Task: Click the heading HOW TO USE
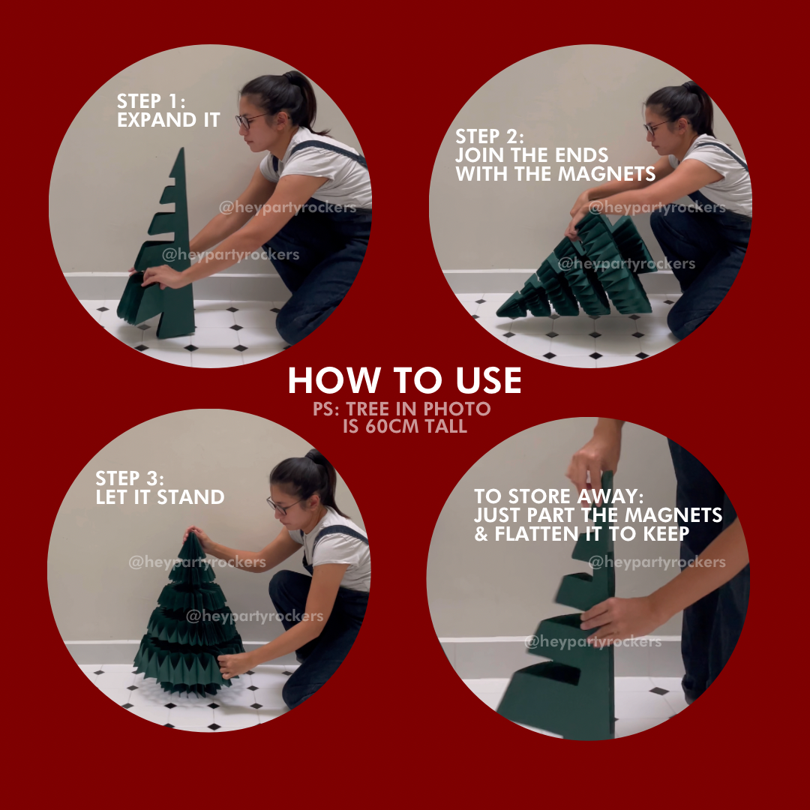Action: click(x=404, y=381)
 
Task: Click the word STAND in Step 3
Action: click(x=190, y=497)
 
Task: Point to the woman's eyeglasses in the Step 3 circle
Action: click(x=282, y=505)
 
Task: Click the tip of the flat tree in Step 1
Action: click(x=181, y=148)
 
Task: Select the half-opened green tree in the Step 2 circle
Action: click(x=577, y=266)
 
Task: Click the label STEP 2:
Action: click(x=489, y=136)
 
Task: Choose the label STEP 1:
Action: click(x=151, y=101)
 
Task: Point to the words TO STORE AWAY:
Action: click(x=559, y=496)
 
